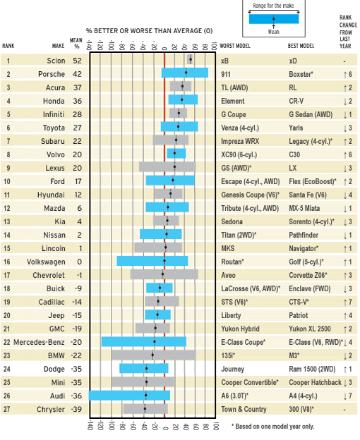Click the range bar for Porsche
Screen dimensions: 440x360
(185, 73)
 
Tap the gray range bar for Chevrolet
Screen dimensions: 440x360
(164, 274)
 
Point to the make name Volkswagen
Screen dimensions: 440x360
(46, 261)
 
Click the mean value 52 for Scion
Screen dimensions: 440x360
(76, 60)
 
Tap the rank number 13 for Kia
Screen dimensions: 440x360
(8, 221)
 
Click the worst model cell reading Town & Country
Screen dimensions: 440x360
(245, 409)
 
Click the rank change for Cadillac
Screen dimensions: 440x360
(347, 301)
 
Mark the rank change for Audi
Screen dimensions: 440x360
(347, 396)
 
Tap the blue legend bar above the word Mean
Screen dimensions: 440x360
(275, 20)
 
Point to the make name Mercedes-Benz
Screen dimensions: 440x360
(37, 341)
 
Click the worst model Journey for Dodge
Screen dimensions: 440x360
(232, 369)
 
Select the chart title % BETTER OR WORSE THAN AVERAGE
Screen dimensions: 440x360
(149, 31)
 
